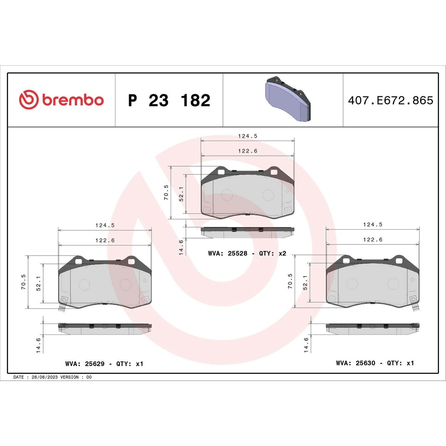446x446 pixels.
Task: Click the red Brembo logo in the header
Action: pos(61,100)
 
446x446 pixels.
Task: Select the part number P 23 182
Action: pos(169,101)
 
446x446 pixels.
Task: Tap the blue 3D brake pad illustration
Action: pos(287,99)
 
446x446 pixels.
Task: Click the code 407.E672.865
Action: pos(390,101)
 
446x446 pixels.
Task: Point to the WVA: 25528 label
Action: pos(227,253)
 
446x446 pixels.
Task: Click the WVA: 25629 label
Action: pos(85,364)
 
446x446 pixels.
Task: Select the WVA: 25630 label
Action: pos(356,363)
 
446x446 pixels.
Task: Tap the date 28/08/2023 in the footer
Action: pos(44,377)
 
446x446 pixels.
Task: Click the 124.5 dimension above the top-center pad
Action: pos(248,136)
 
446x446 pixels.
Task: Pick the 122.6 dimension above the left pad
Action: pos(105,240)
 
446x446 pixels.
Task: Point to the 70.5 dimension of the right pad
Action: pos(290,281)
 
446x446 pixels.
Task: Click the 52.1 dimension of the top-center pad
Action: pos(181,194)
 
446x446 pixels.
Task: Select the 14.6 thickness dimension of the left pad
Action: pos(39,345)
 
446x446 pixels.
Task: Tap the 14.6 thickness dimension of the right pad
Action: pos(306,345)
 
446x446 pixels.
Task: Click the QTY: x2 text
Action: pos(273,253)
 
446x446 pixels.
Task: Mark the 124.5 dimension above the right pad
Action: pos(373,225)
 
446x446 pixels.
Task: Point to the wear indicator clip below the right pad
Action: pos(415,307)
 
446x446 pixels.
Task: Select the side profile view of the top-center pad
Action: pos(247,233)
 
